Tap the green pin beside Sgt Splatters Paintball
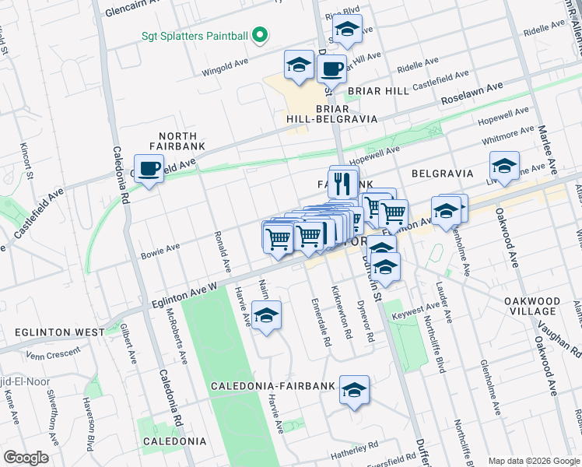tap(261, 35)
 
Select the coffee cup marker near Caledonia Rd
tap(149, 167)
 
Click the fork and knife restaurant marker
tap(343, 184)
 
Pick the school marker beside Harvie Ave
tap(266, 317)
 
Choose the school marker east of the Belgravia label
tap(504, 167)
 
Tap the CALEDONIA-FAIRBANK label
tap(273, 386)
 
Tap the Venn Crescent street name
tap(52, 353)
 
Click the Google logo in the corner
tap(26, 458)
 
